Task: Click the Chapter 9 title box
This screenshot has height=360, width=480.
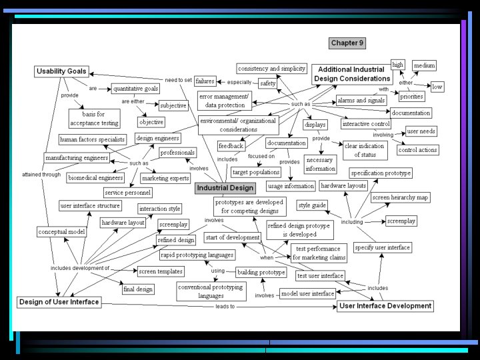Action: tap(347, 43)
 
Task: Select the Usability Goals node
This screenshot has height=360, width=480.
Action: tap(61, 71)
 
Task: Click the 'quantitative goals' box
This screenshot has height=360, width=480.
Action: tap(135, 88)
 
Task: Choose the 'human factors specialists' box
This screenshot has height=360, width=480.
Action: tap(92, 139)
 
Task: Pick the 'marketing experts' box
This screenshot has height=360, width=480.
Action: tap(165, 178)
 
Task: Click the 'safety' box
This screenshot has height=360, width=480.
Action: tap(268, 83)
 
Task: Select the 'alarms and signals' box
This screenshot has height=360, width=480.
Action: tap(361, 100)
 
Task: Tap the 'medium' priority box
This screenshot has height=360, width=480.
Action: tap(424, 65)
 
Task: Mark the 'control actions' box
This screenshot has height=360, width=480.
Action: tap(417, 150)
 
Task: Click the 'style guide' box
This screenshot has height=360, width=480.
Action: tap(311, 205)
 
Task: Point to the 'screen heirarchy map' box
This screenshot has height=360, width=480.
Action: tap(399, 197)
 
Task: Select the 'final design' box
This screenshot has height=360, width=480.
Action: tap(138, 289)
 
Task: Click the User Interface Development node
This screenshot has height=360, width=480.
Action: tap(385, 306)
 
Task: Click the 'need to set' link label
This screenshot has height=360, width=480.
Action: tap(178, 80)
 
